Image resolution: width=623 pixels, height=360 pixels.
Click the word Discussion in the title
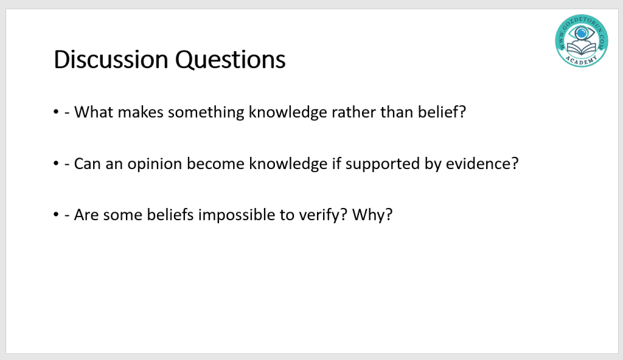point(111,60)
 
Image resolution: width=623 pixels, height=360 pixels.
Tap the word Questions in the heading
point(230,60)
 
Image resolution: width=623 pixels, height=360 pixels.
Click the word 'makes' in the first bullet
point(141,112)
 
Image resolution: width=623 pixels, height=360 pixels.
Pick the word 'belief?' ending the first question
point(442,112)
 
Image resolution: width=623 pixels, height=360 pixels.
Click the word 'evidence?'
point(482,164)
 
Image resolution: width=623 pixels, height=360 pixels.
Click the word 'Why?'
point(372,215)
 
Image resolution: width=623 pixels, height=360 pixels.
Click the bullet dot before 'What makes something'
point(55,112)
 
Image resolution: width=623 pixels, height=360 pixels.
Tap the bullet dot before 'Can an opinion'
point(55,164)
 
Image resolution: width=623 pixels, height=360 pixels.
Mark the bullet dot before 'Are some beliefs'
point(55,215)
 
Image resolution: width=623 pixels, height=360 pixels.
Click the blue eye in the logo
point(581,33)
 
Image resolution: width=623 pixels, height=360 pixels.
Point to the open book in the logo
point(582,49)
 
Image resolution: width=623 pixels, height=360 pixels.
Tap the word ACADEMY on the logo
point(581,61)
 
